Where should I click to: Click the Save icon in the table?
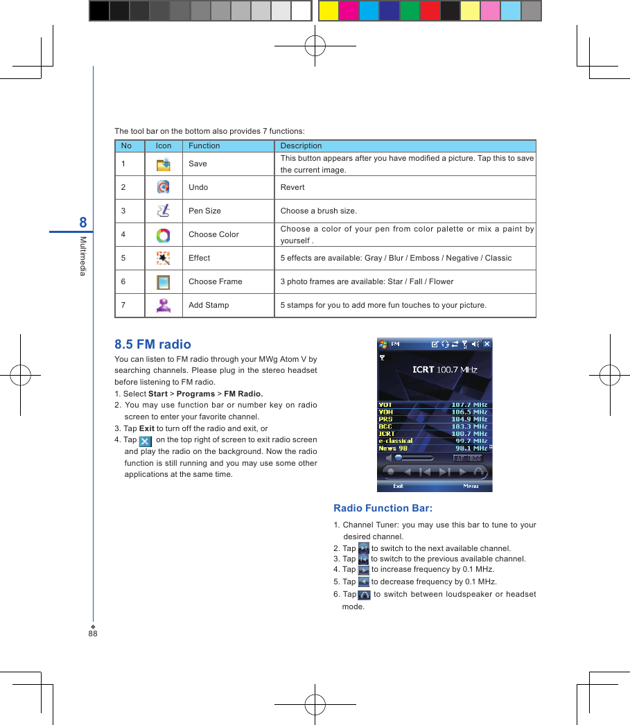pos(163,164)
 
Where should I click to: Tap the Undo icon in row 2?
pos(163,187)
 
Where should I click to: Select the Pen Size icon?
pos(163,211)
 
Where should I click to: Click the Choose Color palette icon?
pos(163,235)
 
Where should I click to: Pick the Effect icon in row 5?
pos(163,259)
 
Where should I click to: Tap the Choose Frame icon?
pos(163,282)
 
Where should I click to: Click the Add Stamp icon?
pos(163,305)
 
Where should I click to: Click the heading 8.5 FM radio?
pos(152,344)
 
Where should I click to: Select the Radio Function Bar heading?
pos(383,508)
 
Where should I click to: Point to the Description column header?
pos(301,146)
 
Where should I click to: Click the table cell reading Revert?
pos(292,187)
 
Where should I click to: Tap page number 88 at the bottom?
pos(93,634)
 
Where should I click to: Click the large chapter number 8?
pos(83,222)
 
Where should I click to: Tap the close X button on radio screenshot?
pos(487,344)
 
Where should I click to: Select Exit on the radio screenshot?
pos(399,486)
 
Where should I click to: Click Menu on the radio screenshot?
pos(471,486)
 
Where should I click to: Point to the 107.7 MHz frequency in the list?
pos(469,405)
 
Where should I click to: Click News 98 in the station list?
pos(393,448)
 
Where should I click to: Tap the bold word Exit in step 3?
pos(146,428)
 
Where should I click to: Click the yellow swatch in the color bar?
pos(329,11)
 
